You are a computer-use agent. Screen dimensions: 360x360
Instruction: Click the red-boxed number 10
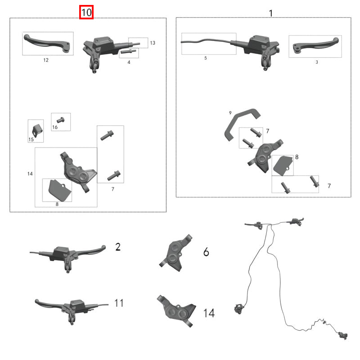coord(86,12)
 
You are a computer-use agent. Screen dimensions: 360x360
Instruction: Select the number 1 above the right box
coord(270,13)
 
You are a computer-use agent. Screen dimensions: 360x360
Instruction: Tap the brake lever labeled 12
coord(47,43)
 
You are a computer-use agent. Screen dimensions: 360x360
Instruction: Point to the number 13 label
coord(153,43)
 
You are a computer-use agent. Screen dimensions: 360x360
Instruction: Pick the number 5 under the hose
coord(206,58)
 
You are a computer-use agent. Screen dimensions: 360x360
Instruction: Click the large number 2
coord(118,247)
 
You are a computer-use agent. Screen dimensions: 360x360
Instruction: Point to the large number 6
coord(206,252)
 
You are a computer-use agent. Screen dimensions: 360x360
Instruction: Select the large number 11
coord(118,303)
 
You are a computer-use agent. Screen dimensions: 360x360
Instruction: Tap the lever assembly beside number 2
coord(67,255)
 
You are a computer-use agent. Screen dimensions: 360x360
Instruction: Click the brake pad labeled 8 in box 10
coord(58,190)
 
